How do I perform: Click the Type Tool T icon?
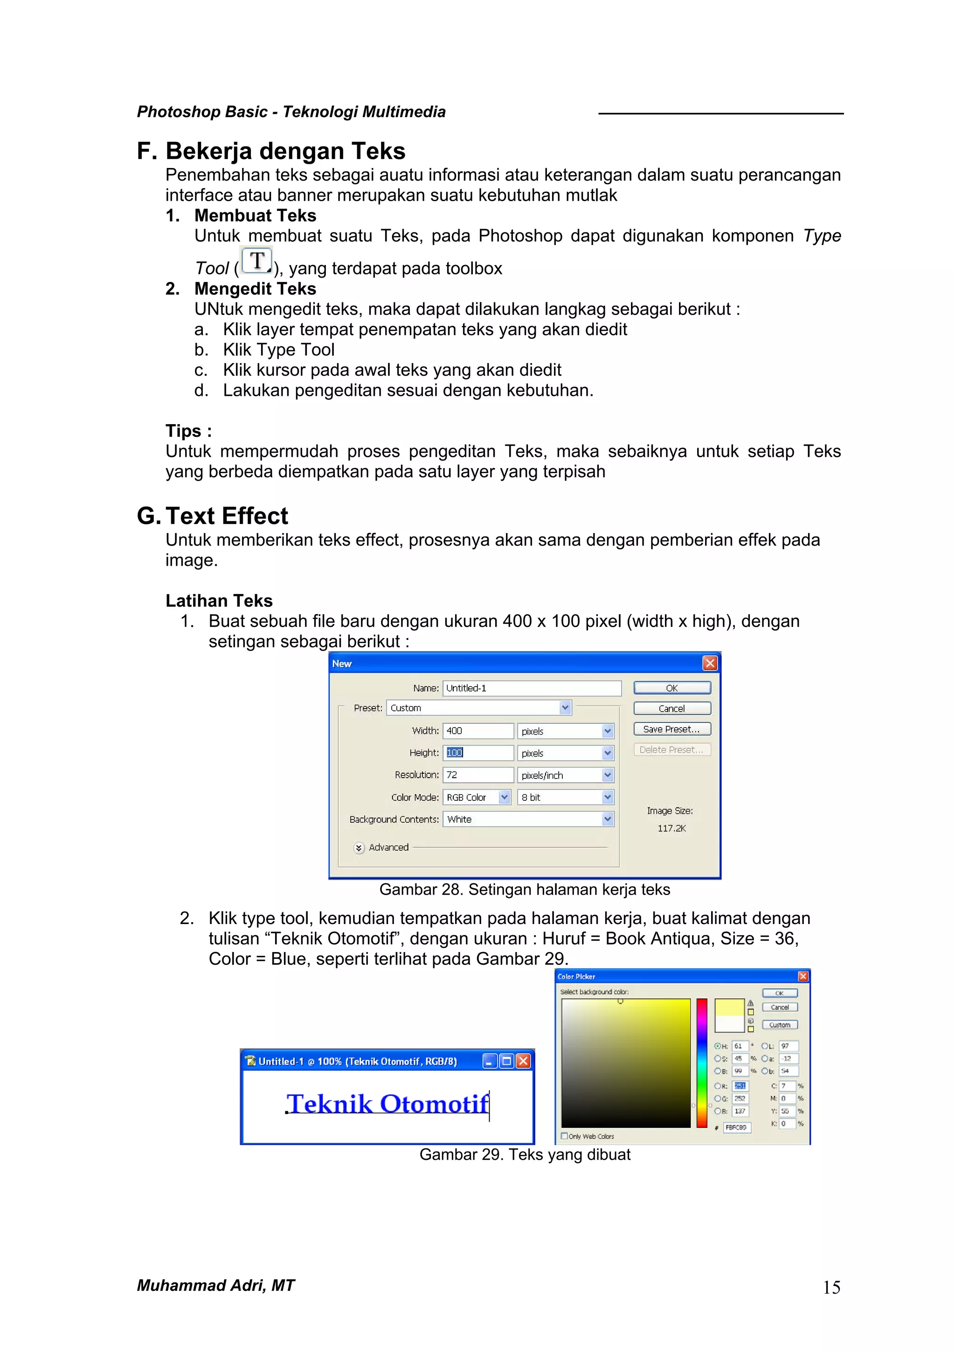tap(256, 261)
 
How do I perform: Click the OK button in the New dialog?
tap(671, 688)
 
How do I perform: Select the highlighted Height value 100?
tap(455, 753)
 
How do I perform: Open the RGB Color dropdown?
tap(504, 797)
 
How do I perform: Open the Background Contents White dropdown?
tap(607, 819)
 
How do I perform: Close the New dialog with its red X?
tap(710, 664)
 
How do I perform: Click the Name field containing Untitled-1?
tap(531, 688)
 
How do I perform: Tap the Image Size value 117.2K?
tap(671, 828)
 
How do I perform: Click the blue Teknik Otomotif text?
tap(387, 1104)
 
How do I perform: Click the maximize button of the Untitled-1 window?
tap(506, 1061)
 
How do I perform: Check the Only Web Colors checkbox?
tap(564, 1136)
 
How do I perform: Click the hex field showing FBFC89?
tap(736, 1127)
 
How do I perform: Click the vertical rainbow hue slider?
tap(701, 1062)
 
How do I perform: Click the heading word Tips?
tap(183, 431)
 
